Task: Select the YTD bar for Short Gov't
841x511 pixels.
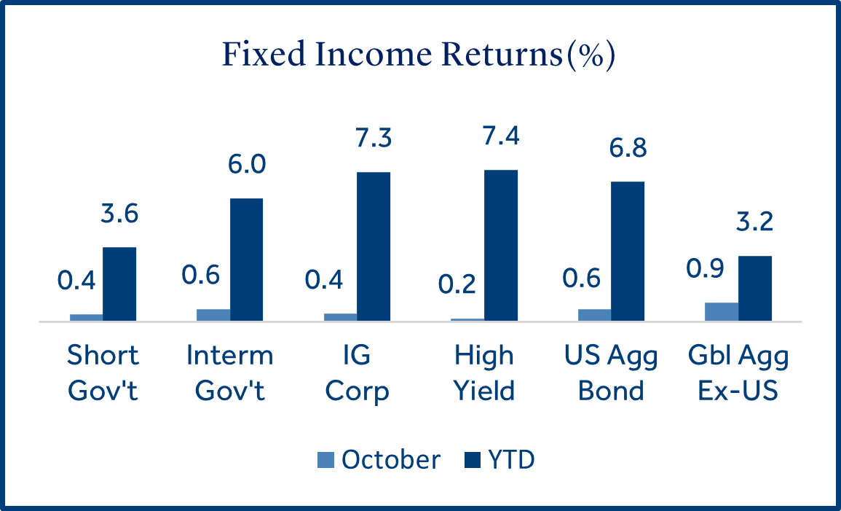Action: click(x=119, y=284)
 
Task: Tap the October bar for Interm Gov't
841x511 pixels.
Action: click(x=213, y=314)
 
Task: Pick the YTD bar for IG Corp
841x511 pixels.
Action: click(x=374, y=246)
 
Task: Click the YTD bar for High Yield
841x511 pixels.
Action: click(x=501, y=245)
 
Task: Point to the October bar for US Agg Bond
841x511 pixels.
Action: click(x=594, y=314)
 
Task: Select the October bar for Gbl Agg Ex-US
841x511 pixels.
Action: click(x=722, y=311)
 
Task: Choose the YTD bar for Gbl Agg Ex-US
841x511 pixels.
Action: click(x=755, y=288)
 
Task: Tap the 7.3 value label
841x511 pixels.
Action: click(x=373, y=139)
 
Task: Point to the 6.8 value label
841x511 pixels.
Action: click(x=627, y=149)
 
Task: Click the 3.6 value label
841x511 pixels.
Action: click(x=119, y=215)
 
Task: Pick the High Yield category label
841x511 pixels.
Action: click(x=484, y=373)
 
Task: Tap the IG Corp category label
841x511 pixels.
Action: click(x=357, y=373)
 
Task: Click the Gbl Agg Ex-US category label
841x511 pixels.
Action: click(x=738, y=373)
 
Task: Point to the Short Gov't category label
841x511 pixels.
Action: click(x=103, y=373)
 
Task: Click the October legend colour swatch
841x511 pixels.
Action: click(x=326, y=460)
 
